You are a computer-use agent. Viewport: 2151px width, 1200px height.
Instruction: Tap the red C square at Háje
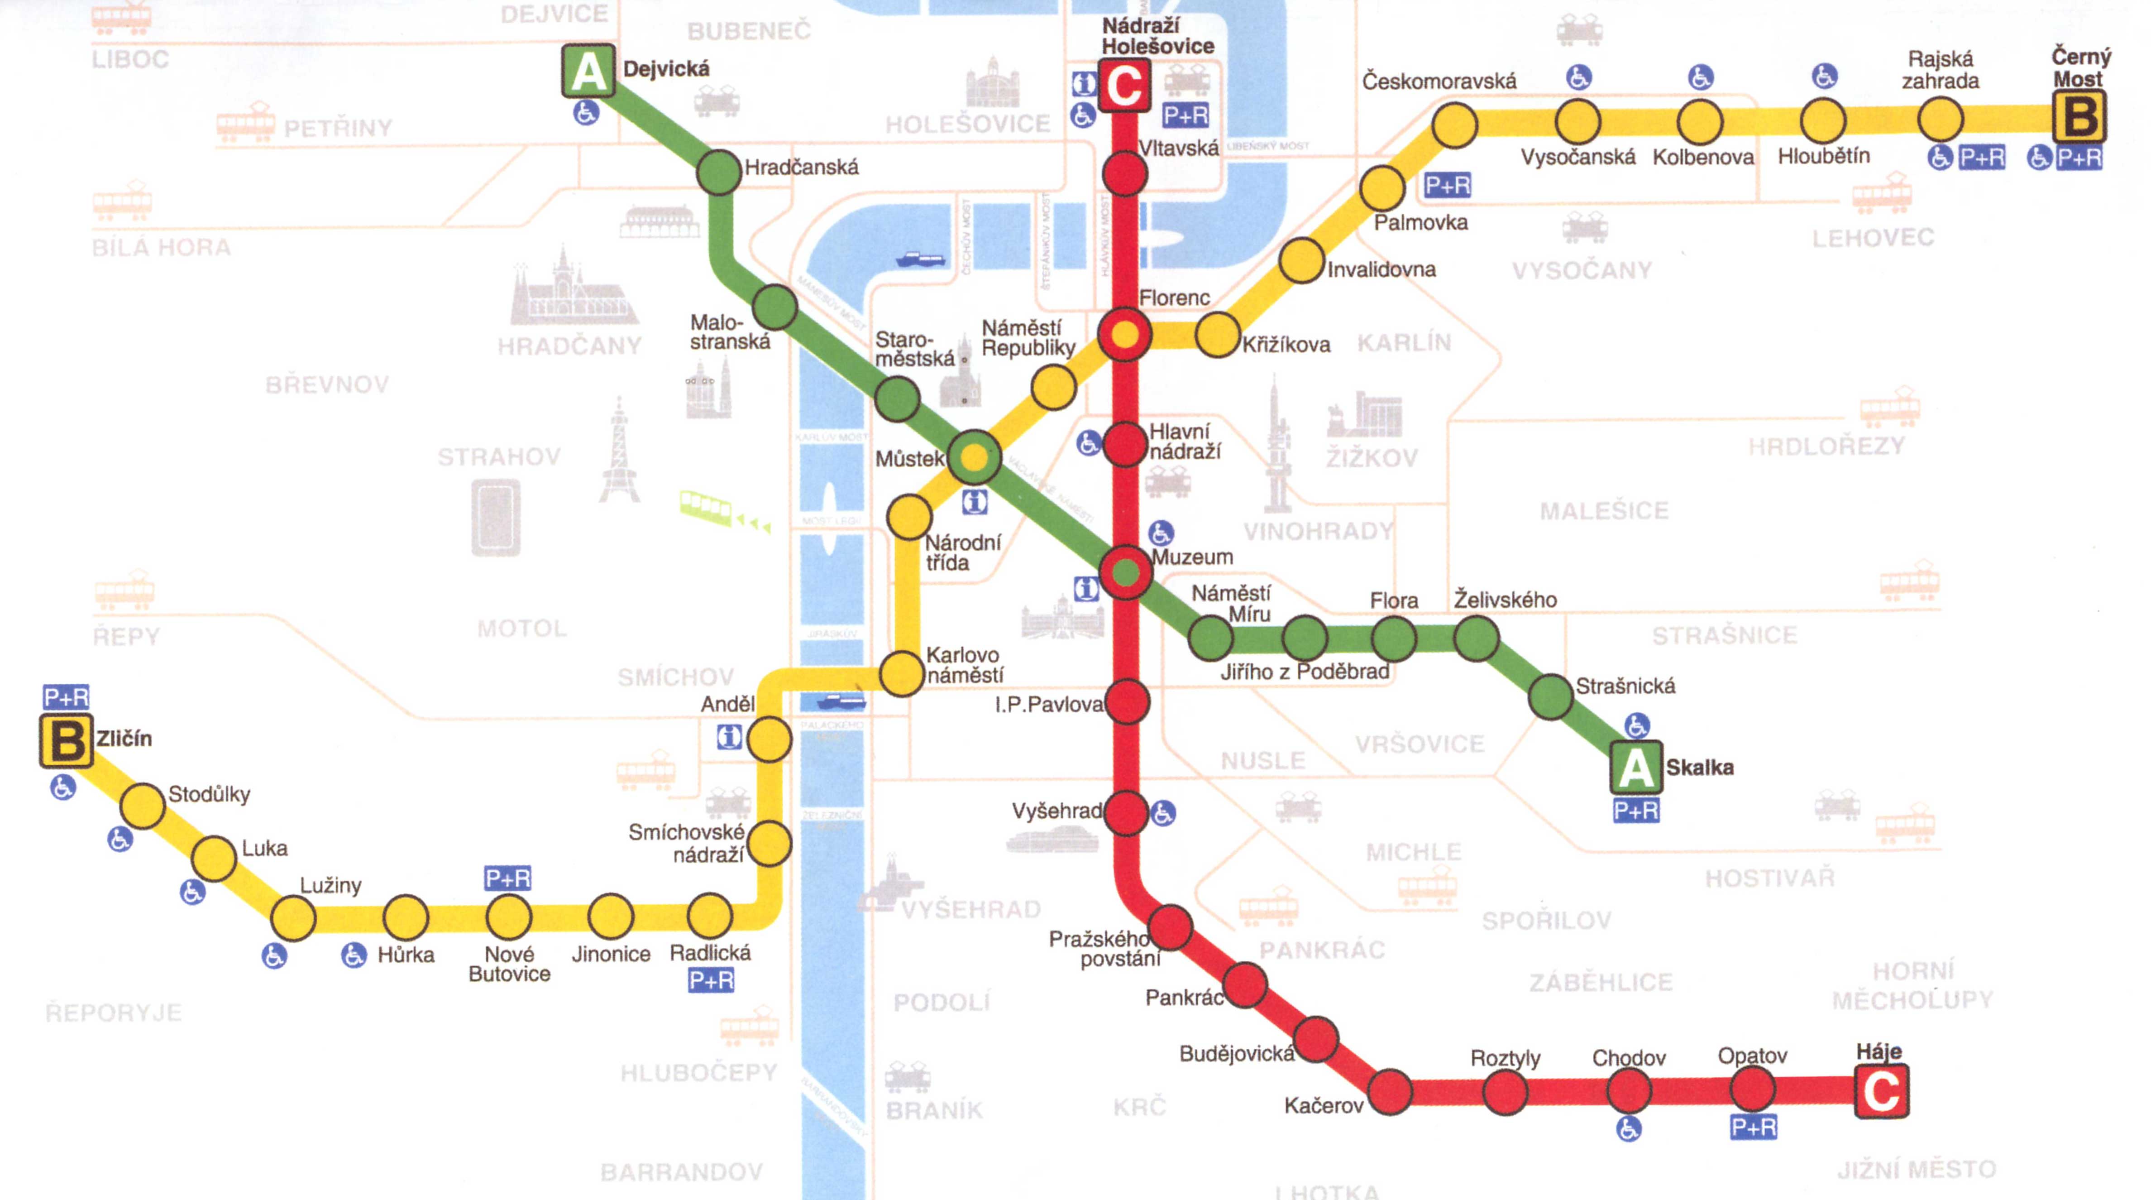coord(1881,1090)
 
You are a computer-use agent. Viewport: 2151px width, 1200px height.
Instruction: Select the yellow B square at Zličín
coord(66,741)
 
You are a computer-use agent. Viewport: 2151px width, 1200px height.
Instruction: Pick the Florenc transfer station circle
coord(1125,335)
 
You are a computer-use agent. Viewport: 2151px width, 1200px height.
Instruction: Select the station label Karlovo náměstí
coord(965,665)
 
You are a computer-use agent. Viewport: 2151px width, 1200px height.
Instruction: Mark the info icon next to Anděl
coord(729,737)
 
